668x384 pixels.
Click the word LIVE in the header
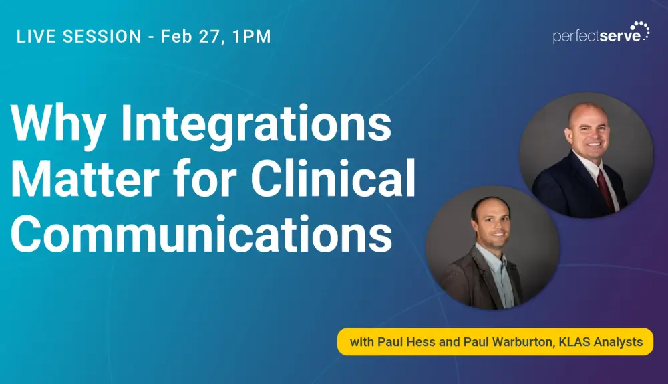(36, 37)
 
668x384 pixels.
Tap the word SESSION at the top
(102, 37)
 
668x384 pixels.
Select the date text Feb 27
(190, 37)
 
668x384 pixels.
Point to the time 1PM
(251, 37)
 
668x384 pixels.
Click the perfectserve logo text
(597, 36)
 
